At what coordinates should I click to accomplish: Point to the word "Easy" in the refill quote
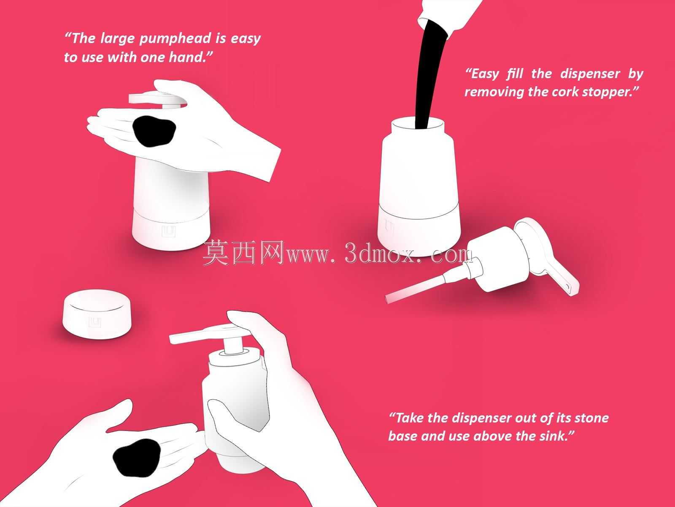pos(484,74)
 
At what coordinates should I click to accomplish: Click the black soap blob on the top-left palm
pos(154,131)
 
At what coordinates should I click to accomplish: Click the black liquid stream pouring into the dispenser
pos(429,77)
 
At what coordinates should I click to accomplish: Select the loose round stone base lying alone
pos(97,314)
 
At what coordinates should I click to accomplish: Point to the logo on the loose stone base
pos(95,322)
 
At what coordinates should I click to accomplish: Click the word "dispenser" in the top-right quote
pos(590,74)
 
